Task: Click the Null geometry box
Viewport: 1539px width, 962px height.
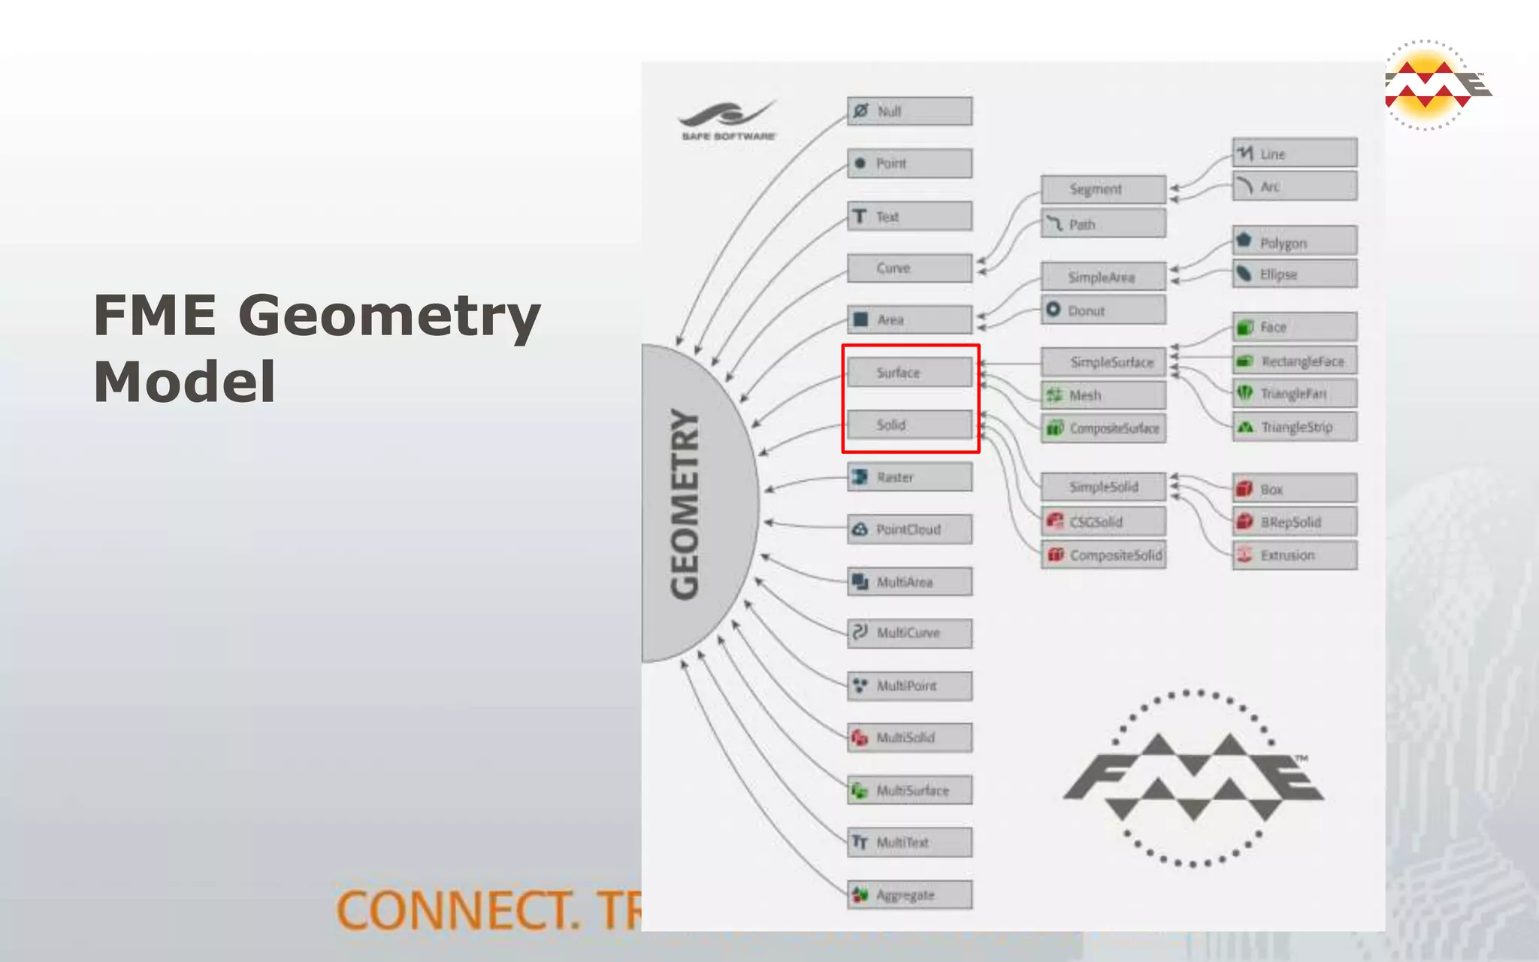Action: pyautogui.click(x=909, y=111)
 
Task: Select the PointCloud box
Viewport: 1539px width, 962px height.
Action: pyautogui.click(x=909, y=529)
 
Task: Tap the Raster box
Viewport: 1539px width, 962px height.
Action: pyautogui.click(x=909, y=477)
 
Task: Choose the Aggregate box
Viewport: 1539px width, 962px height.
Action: pyautogui.click(x=909, y=894)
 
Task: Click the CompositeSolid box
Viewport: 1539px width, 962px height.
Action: pyautogui.click(x=1103, y=555)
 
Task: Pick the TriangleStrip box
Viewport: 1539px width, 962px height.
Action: pyautogui.click(x=1295, y=427)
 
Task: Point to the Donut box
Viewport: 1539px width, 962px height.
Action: pyautogui.click(x=1103, y=310)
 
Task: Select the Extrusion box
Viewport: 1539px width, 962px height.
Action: pyautogui.click(x=1295, y=555)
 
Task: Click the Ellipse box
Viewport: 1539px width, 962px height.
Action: pyautogui.click(x=1295, y=274)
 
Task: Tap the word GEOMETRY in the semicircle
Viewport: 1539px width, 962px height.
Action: pyautogui.click(x=685, y=504)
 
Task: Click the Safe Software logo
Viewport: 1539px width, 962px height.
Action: pyautogui.click(x=727, y=120)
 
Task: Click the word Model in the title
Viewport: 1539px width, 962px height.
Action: pyautogui.click(x=184, y=382)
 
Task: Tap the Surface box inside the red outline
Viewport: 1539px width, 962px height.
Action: pyautogui.click(x=909, y=372)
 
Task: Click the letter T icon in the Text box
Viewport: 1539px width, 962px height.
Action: pyautogui.click(x=860, y=216)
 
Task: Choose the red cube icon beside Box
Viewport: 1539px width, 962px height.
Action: pyautogui.click(x=1244, y=489)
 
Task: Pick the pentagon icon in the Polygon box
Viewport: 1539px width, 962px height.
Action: pyautogui.click(x=1244, y=240)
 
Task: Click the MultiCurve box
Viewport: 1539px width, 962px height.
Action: pyautogui.click(x=909, y=633)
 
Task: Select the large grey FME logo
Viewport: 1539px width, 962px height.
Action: pyautogui.click(x=1193, y=778)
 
